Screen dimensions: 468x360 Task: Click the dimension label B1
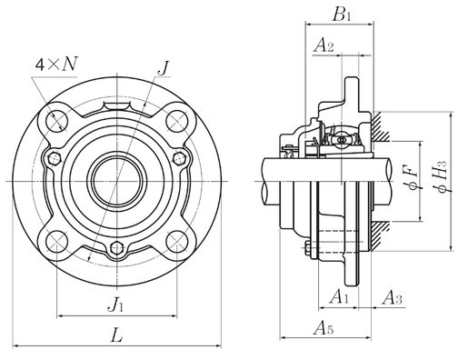coord(342,14)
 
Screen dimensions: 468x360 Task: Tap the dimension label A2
coord(324,45)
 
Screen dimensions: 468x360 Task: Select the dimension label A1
coord(339,296)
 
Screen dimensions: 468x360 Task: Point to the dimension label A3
coord(392,297)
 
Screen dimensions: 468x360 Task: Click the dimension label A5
coord(324,328)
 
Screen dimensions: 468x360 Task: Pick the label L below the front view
coord(116,335)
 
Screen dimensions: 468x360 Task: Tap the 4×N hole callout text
coord(56,64)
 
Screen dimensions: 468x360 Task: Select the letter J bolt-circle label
coord(164,68)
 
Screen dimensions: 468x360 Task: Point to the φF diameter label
coord(413,181)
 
